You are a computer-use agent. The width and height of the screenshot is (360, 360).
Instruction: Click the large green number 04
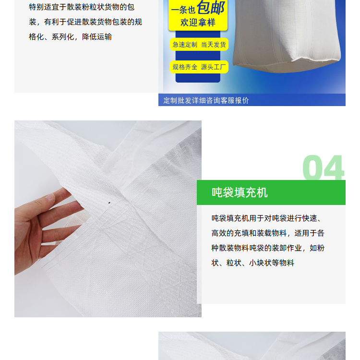323,168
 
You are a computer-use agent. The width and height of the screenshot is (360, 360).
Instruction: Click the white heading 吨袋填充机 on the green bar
240,192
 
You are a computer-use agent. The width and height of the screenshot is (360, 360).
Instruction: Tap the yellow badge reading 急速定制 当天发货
199,45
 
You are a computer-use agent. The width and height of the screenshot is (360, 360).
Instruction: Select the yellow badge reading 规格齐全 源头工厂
199,67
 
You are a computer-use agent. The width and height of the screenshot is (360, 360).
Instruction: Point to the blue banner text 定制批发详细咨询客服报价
206,100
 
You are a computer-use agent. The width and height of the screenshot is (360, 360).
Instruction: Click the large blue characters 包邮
211,8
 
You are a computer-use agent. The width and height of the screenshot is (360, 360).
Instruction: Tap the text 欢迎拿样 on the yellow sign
198,23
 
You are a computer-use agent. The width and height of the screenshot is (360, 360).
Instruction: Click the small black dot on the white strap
109,203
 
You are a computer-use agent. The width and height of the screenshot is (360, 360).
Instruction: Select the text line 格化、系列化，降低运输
70,37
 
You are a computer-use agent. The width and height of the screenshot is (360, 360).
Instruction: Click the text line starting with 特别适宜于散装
82,7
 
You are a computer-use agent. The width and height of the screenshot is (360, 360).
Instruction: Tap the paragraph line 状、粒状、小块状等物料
253,263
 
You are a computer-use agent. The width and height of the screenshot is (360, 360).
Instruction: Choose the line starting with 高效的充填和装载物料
268,233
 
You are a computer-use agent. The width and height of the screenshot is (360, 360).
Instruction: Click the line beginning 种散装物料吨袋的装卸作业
268,248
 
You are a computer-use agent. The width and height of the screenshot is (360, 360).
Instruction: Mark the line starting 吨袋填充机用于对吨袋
266,218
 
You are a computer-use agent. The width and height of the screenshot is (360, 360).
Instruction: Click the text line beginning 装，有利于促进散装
85,22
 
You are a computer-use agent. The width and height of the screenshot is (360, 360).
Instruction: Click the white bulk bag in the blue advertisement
287,35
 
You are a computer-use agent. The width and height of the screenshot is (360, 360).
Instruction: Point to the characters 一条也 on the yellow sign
183,10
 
